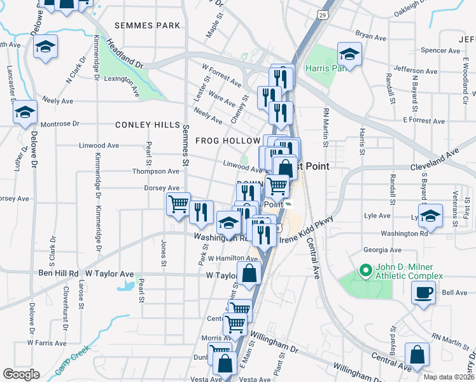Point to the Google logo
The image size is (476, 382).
[21, 374]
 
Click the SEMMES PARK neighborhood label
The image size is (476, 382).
[148, 25]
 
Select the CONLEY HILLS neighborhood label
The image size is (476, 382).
[144, 125]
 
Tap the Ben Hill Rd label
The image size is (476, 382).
[58, 273]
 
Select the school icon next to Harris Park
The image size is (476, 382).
[349, 53]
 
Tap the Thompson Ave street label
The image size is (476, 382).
[156, 171]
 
